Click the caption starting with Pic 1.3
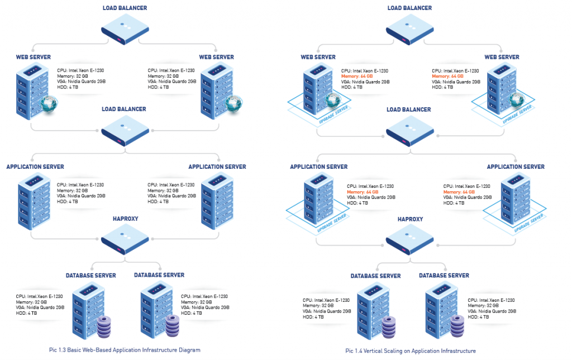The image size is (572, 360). click(x=124, y=350)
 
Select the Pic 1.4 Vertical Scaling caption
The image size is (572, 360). click(x=410, y=350)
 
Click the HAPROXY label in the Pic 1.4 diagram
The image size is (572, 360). click(x=410, y=220)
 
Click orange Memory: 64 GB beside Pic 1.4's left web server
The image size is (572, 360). click(x=359, y=76)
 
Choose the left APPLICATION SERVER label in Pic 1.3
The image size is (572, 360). click(x=35, y=167)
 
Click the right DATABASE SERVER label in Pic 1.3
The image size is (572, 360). click(x=159, y=275)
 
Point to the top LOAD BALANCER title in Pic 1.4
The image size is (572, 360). click(x=409, y=8)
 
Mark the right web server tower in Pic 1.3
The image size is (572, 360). click(x=214, y=87)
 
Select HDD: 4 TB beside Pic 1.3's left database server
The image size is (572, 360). click(x=27, y=313)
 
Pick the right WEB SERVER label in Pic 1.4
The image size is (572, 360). click(x=501, y=57)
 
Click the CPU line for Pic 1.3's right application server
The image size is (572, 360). click(x=171, y=184)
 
